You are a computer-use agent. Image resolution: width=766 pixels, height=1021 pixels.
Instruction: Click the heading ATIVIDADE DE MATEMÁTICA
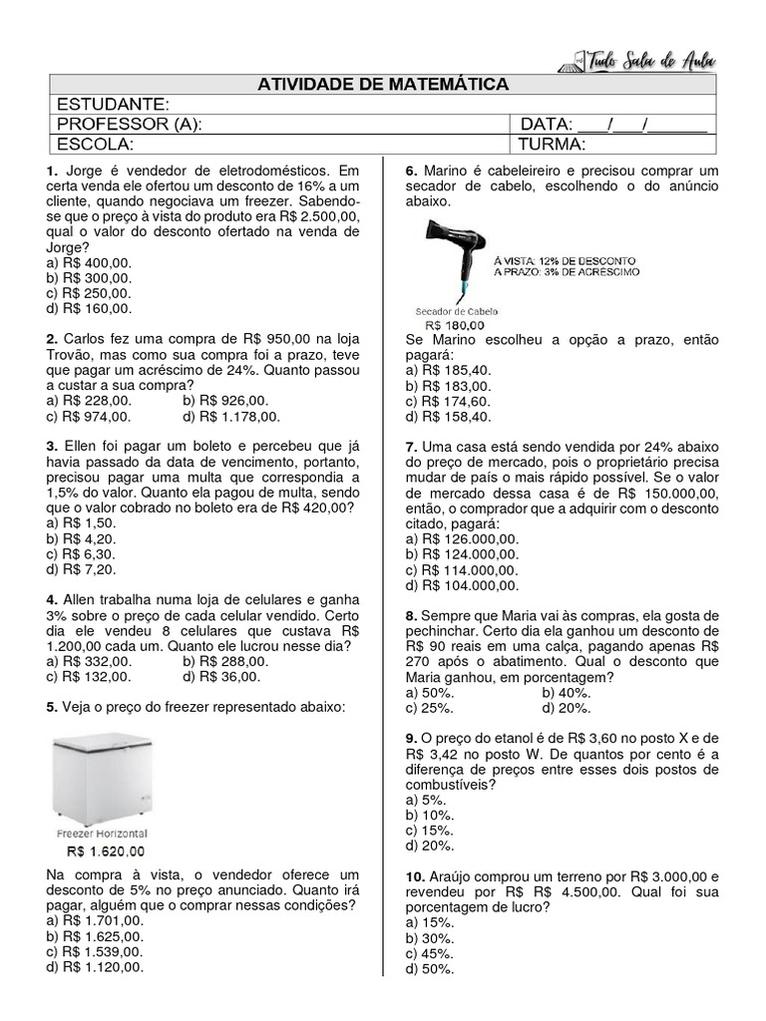pyautogui.click(x=383, y=85)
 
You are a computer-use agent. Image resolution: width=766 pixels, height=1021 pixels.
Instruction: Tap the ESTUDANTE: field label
pyautogui.click(x=113, y=105)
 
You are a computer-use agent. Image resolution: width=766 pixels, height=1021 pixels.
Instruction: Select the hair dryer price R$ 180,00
pyautogui.click(x=455, y=324)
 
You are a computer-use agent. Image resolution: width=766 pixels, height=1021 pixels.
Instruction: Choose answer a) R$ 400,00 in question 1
pyautogui.click(x=89, y=263)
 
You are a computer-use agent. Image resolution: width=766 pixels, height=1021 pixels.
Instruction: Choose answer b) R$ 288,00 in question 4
pyautogui.click(x=221, y=661)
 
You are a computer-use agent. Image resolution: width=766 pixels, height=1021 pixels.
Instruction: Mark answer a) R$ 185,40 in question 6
pyautogui.click(x=448, y=370)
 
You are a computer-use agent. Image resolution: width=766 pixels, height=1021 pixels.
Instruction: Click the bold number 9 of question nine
pyautogui.click(x=410, y=738)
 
